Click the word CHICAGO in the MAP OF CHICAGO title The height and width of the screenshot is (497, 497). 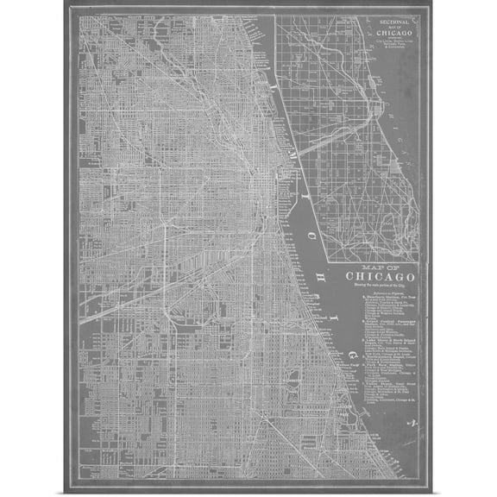tap(381, 276)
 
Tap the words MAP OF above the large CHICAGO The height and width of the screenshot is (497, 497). tap(380, 267)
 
